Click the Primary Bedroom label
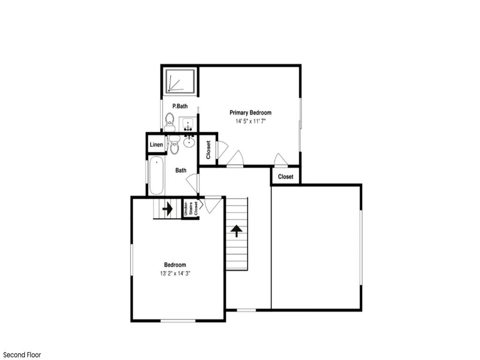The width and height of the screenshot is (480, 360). [250, 112]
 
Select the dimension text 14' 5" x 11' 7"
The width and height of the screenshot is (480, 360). [250, 121]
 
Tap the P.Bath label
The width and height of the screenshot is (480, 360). [180, 106]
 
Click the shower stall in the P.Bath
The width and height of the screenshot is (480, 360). [180, 81]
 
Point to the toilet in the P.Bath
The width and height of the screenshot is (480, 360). [169, 122]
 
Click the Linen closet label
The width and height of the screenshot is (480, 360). [157, 144]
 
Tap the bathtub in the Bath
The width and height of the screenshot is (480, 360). [157, 175]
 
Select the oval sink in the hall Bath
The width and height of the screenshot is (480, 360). [189, 141]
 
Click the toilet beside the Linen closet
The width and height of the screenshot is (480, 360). [174, 145]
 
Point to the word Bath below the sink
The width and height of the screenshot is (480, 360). [180, 170]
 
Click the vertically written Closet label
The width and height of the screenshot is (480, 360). [209, 150]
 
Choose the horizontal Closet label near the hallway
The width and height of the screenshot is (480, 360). [285, 177]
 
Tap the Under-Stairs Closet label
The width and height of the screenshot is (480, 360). [191, 209]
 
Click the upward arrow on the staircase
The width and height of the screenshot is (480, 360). [236, 231]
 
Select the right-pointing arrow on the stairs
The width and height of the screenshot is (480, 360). [167, 209]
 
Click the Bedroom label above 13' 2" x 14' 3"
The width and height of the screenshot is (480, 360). [175, 265]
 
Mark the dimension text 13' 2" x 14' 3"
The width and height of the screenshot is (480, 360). [175, 273]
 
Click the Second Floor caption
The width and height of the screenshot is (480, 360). [22, 355]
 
